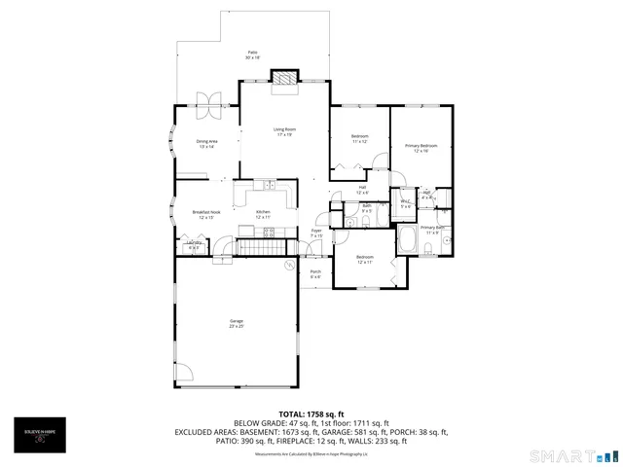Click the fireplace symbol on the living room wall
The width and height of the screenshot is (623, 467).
point(284,80)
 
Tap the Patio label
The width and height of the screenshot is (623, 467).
point(252,54)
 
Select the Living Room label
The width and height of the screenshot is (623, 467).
point(284,131)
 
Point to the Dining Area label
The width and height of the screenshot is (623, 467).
point(205,143)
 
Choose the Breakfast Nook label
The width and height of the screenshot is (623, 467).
point(206,214)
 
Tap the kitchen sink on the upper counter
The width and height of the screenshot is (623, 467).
point(268,185)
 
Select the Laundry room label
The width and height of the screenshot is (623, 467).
point(193,245)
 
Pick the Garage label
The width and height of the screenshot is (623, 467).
point(236,323)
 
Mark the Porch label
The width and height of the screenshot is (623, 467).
point(315,273)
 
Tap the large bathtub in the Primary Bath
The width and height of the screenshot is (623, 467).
point(407,240)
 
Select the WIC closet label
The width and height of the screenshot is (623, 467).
point(405,203)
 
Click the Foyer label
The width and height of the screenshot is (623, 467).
point(316,233)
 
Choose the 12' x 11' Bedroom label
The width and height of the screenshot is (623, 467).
point(365,259)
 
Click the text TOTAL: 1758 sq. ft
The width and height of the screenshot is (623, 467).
point(311,413)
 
